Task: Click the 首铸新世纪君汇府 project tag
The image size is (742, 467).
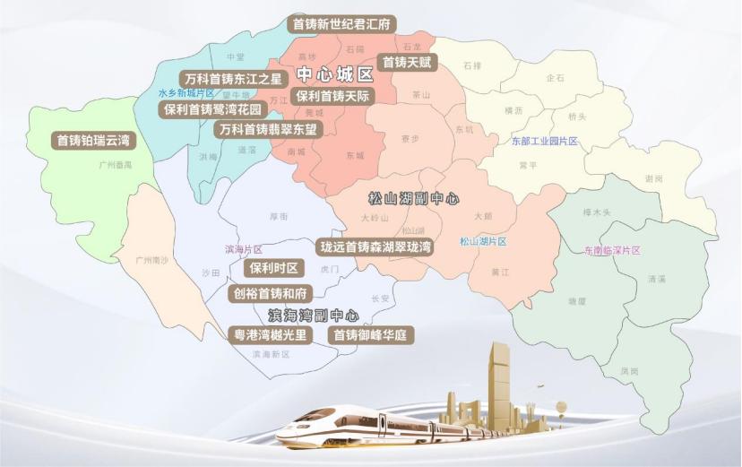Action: pyautogui.click(x=341, y=24)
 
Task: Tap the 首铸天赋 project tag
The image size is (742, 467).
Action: pyautogui.click(x=407, y=63)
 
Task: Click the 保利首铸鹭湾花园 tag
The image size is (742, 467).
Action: pyautogui.click(x=212, y=110)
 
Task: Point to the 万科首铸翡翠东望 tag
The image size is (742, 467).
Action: pyautogui.click(x=267, y=129)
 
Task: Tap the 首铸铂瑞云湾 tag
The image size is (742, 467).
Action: pyautogui.click(x=93, y=141)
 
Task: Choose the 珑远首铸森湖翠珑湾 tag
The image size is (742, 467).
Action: pyautogui.click(x=376, y=246)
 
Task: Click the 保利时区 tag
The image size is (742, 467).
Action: pyautogui.click(x=274, y=268)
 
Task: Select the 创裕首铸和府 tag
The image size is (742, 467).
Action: pyautogui.click(x=270, y=293)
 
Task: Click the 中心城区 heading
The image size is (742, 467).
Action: pyautogui.click(x=334, y=75)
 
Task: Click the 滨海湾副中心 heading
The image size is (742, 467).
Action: pyautogui.click(x=313, y=316)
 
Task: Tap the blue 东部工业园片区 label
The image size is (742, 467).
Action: pyautogui.click(x=545, y=142)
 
